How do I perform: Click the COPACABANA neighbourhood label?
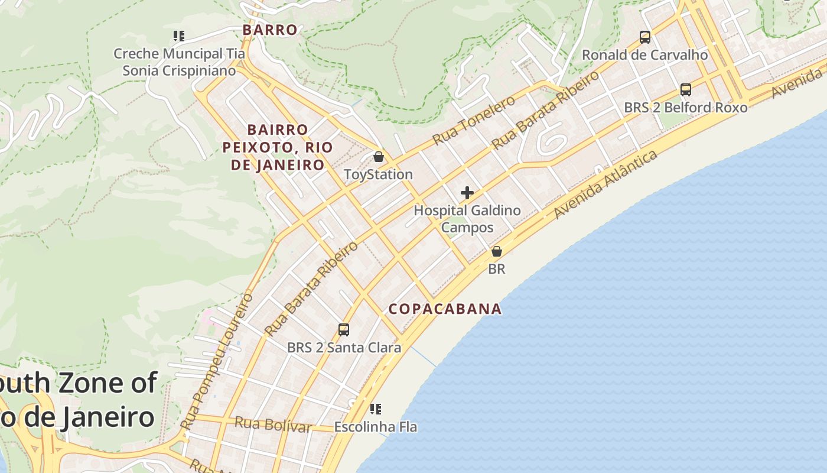[x=445, y=309]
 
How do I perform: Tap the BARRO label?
[x=270, y=30]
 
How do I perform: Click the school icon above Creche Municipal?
[x=179, y=36]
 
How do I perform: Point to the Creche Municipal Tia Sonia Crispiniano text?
[x=179, y=62]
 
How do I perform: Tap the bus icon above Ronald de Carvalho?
[x=645, y=37]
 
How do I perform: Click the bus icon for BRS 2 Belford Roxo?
[x=686, y=90]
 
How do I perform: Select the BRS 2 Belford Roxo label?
[x=686, y=108]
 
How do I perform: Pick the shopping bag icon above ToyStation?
[x=379, y=157]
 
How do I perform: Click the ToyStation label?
[x=379, y=174]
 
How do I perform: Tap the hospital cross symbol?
[x=467, y=193]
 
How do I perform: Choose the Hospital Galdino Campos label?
[x=467, y=219]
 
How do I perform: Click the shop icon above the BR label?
[x=497, y=251]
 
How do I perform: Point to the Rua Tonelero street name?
[x=474, y=121]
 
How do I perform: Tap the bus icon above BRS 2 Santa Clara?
[x=344, y=329]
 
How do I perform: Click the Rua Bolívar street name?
[x=272, y=424]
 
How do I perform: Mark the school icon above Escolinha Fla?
[x=375, y=409]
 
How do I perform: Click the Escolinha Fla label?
[x=376, y=426]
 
